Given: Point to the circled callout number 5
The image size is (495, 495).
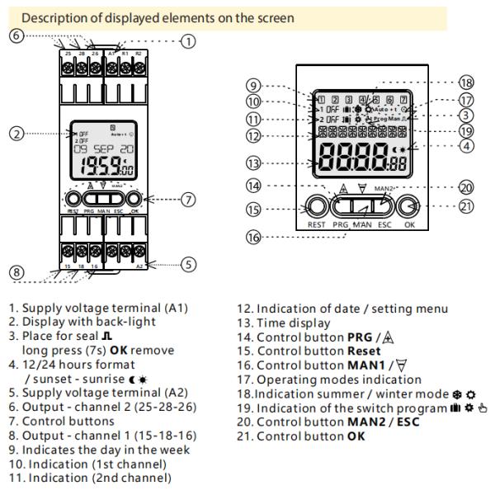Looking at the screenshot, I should click(188, 265).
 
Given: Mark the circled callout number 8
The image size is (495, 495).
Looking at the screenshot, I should click(15, 272).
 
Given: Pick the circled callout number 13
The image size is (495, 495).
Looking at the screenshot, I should click(252, 163).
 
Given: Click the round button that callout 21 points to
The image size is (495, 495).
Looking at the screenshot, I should click(410, 207).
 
